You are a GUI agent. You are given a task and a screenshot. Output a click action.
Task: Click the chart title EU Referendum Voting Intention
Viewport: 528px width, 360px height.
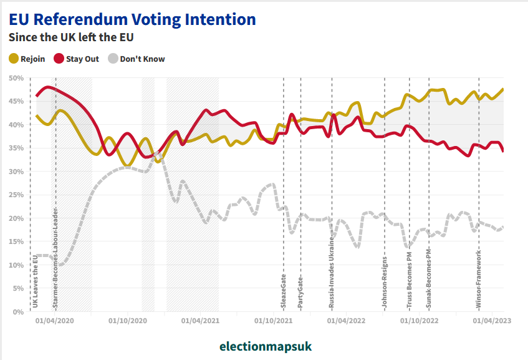coord(132,19)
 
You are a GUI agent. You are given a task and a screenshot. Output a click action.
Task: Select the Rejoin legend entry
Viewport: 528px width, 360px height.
coord(27,59)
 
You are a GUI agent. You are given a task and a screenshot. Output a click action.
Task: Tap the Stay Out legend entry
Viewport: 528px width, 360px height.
coord(77,59)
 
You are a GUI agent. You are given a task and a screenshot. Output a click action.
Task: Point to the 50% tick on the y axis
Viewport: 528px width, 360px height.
coord(16,78)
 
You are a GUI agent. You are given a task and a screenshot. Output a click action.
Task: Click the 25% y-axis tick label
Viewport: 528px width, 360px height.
coord(16,195)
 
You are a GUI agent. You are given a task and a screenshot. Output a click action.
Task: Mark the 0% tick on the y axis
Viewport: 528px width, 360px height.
coord(19,311)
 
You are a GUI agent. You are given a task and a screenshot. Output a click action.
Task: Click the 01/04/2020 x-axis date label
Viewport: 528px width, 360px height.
coord(55,321)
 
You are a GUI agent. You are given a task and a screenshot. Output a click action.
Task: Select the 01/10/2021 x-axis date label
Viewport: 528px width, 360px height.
coord(273,321)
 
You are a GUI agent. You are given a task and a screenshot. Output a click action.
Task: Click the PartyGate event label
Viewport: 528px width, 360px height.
coord(300,293)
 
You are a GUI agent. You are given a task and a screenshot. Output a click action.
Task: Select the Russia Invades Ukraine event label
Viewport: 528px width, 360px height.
coord(332,273)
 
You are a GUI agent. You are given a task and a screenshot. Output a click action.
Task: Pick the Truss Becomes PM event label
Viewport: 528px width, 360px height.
coord(409,281)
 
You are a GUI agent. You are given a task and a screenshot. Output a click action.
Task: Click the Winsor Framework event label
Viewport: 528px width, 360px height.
coord(479,279)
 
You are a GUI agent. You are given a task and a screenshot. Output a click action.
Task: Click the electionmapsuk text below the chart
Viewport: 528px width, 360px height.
coord(265,346)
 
